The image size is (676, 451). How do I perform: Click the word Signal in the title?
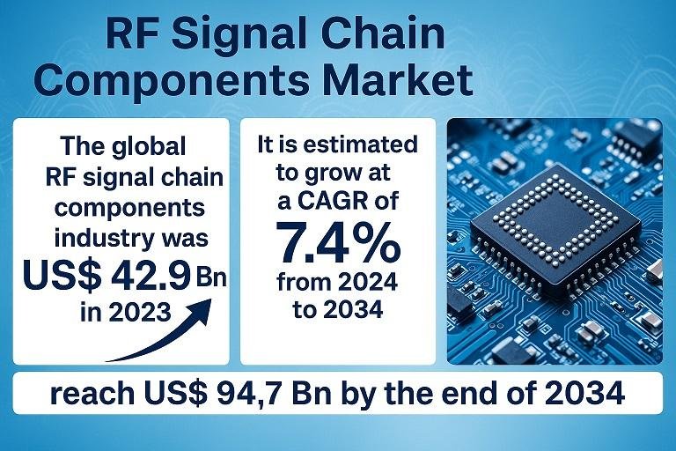[x=239, y=34]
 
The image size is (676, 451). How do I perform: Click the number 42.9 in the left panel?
[x=151, y=275]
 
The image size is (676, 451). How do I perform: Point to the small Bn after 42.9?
[x=211, y=277]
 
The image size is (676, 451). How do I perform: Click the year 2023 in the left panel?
[x=140, y=312]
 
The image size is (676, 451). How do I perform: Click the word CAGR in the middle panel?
[x=334, y=201]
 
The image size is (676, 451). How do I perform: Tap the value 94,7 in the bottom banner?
[x=241, y=394]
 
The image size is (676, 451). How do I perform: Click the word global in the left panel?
[x=149, y=147]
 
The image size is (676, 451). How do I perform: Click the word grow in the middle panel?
[x=334, y=174]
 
